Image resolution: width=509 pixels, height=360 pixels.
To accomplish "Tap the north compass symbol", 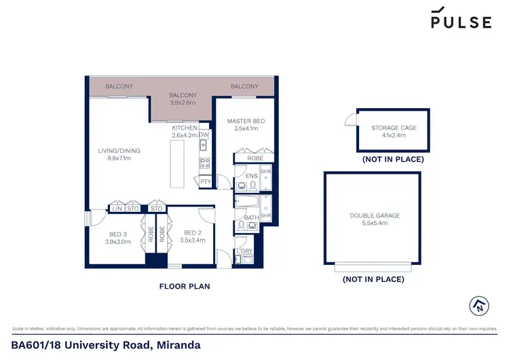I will tap(478, 305).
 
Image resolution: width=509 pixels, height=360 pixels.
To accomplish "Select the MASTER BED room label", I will tap(246, 121).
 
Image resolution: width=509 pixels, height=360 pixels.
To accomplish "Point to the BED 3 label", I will tap(117, 232).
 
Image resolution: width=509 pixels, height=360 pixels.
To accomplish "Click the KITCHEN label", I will tap(185, 128).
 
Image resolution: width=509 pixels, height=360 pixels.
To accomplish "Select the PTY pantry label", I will tap(205, 181).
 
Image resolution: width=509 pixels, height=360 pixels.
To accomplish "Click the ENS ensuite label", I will tap(251, 176).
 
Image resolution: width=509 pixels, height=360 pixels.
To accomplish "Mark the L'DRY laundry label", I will tap(244, 251).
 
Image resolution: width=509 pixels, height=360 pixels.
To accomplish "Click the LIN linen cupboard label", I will tap(116, 209).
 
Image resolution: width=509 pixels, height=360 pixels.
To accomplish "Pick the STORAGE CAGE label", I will tap(394, 128).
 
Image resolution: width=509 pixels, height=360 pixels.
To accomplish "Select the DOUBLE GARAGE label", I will tap(375, 215).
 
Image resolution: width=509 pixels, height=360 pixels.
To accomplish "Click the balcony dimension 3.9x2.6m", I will tap(183, 103).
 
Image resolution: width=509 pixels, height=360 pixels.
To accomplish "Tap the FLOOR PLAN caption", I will tap(184, 287).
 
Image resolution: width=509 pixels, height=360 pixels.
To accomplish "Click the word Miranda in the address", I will tap(178, 345).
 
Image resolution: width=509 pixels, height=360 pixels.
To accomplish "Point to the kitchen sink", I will tap(204, 146).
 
